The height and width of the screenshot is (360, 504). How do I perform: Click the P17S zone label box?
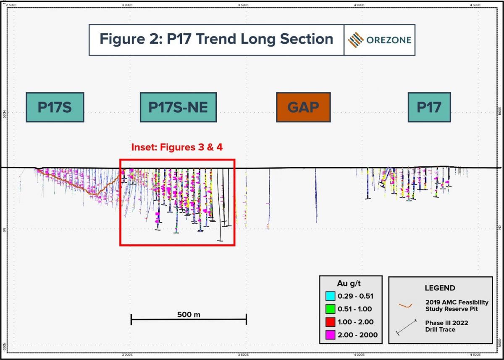pos(55,107)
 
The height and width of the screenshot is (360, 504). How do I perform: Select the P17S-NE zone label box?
pos(178,107)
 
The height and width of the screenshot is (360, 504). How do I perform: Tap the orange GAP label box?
pos(303,107)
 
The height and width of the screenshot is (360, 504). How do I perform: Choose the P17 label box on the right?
pos(429,107)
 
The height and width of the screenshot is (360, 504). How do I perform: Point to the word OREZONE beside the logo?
pos(389,40)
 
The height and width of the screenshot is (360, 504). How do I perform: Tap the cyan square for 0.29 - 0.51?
pos(329,296)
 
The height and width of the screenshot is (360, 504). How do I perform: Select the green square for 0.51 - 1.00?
pos(329,309)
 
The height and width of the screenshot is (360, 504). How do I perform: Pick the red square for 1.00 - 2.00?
pos(329,322)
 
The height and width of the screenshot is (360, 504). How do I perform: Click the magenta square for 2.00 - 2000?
pos(329,335)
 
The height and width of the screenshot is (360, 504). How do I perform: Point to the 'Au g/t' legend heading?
pos(350,283)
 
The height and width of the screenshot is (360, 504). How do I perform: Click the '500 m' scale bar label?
pos(189,314)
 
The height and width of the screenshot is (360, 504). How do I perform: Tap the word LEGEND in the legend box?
pos(440,288)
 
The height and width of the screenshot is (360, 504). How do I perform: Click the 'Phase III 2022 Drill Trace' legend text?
pos(446,326)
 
